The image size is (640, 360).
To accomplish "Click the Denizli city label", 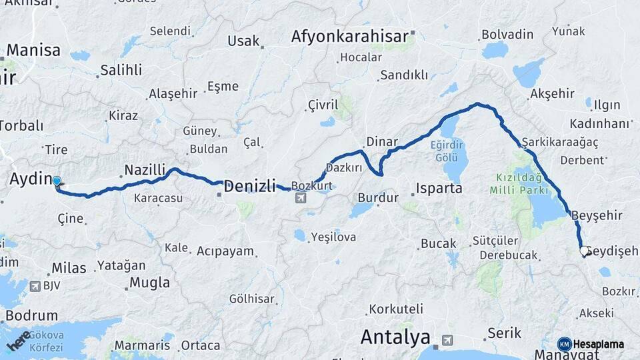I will coord(249,186).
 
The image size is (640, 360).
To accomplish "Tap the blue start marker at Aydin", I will coord(57,181).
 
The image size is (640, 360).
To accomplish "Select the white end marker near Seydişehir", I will coord(584,251).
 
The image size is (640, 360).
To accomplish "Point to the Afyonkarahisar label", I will coord(349,37).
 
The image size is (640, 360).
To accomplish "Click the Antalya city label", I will coord(395,337).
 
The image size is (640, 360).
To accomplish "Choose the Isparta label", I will coord(439,188).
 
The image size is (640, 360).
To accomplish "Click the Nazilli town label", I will coord(145,170).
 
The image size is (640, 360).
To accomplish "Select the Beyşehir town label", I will coord(597,215).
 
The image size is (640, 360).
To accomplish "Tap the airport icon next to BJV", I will coord(35,286).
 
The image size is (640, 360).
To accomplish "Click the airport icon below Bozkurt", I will coord(301,197).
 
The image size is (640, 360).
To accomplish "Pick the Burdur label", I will coord(378,197).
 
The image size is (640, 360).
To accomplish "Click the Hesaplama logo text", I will coord(598,344).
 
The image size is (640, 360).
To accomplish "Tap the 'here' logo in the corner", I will coord(19,340).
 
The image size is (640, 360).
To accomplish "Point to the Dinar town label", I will coord(381,142).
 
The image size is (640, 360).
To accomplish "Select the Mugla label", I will coord(149,282).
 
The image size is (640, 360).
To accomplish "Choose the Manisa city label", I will coord(33,50).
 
